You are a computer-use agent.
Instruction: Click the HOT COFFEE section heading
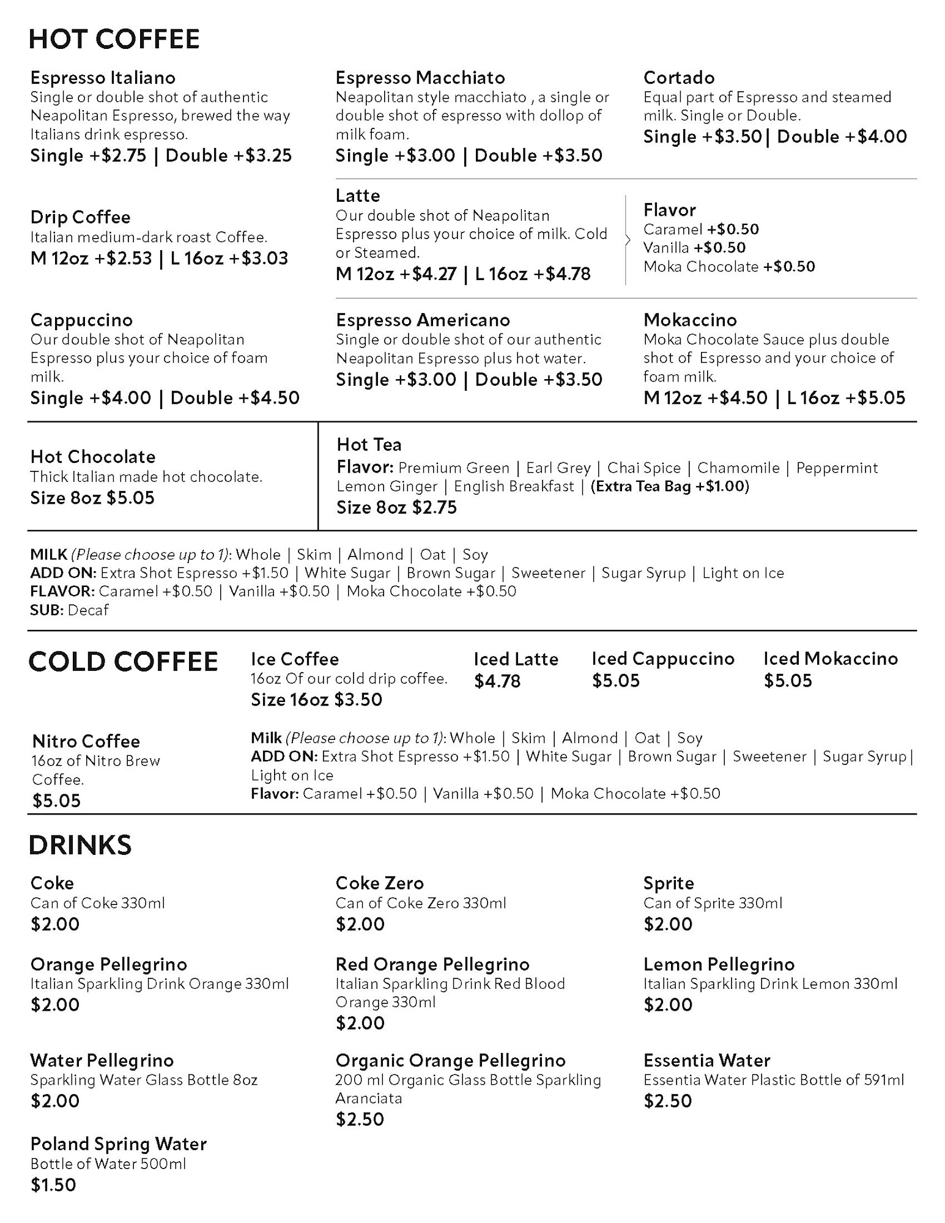[114, 39]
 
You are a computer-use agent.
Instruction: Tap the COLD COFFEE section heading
[123, 662]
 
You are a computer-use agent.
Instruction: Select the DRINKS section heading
[80, 845]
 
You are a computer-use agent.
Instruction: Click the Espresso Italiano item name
[103, 78]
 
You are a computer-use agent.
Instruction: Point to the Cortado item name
[679, 78]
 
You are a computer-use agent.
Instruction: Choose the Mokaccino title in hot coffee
[690, 320]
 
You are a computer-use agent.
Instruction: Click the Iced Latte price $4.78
[497, 681]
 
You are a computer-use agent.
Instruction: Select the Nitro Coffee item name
[86, 741]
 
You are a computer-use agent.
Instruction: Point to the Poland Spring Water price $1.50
[53, 1185]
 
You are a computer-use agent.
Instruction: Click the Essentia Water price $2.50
[667, 1101]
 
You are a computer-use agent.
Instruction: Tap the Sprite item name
[669, 883]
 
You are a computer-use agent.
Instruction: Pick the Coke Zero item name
[379, 883]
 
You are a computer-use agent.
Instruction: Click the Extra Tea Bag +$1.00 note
[670, 486]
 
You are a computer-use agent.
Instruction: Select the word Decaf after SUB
[88, 610]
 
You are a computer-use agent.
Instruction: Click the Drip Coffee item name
[80, 217]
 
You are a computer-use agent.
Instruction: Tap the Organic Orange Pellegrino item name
[450, 1060]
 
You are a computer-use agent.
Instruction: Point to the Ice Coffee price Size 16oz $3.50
[316, 700]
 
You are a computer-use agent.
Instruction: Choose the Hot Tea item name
[369, 445]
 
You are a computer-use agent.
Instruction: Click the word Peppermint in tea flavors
[837, 468]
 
